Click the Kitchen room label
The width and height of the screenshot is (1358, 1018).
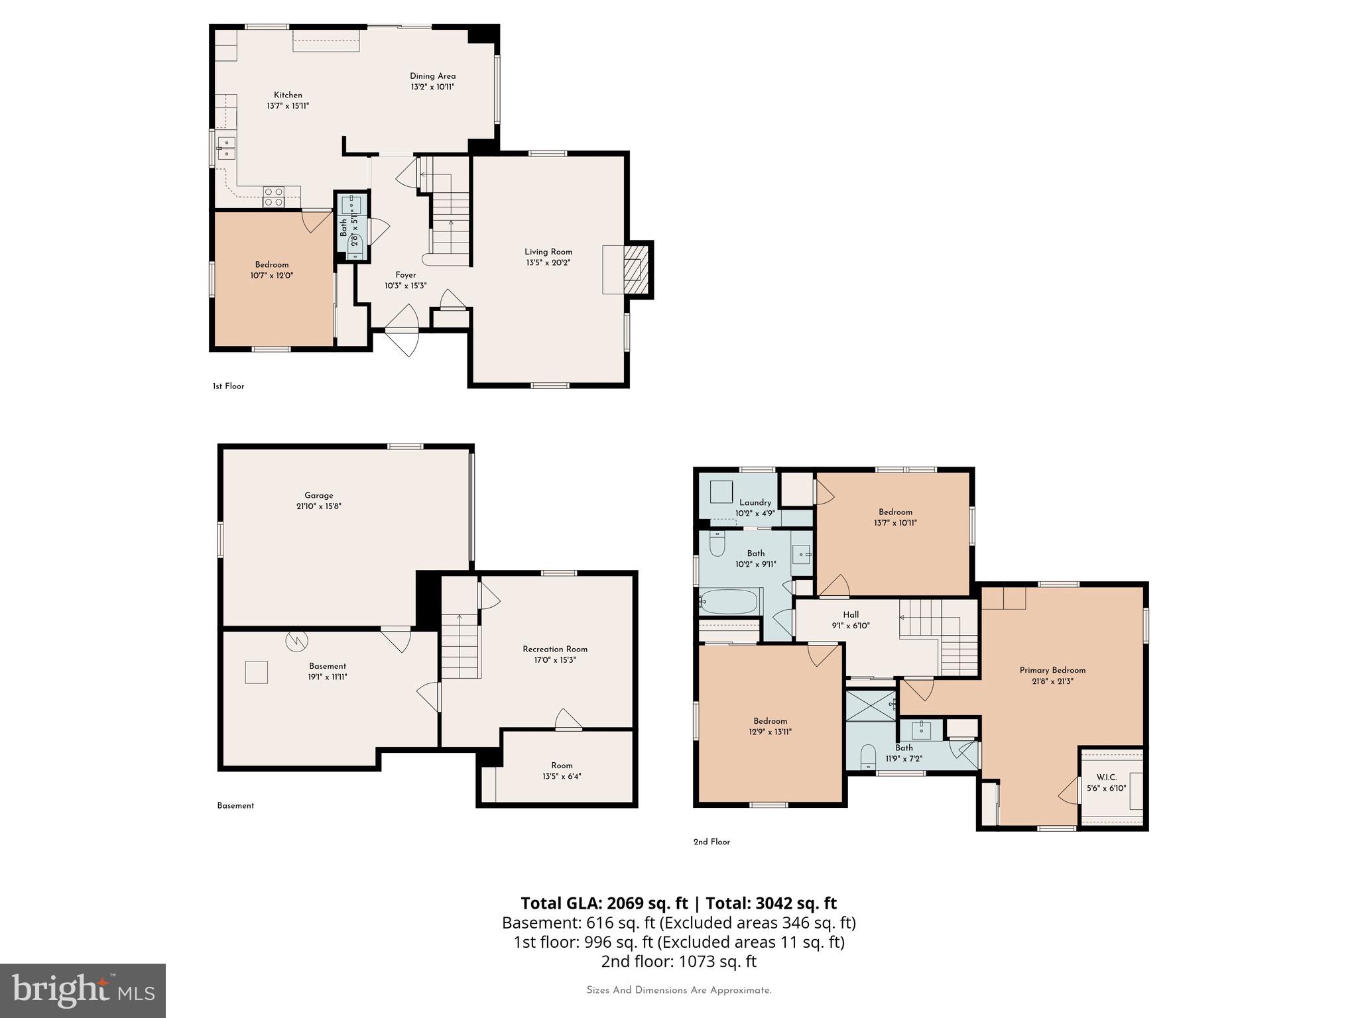click(288, 95)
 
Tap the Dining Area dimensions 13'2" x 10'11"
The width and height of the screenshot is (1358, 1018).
click(432, 87)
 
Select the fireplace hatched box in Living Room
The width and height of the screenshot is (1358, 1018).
click(635, 269)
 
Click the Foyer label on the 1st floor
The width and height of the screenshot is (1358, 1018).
click(405, 275)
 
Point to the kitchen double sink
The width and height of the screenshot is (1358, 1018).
click(226, 148)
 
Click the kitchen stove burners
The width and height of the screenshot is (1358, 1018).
click(273, 197)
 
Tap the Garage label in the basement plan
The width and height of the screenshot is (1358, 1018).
click(318, 495)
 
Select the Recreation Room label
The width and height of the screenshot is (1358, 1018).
click(555, 649)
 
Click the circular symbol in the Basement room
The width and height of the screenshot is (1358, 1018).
click(296, 640)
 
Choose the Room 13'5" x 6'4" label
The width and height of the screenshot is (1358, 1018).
click(561, 765)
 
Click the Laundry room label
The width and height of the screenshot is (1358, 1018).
click(755, 502)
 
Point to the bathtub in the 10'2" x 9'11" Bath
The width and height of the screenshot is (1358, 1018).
click(728, 602)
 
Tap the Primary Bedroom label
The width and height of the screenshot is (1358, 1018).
click(1052, 670)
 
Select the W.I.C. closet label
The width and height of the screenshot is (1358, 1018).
click(1106, 777)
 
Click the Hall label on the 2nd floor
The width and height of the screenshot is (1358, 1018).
click(851, 614)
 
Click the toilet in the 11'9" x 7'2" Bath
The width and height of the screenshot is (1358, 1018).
click(868, 758)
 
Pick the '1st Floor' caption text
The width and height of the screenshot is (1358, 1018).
click(228, 386)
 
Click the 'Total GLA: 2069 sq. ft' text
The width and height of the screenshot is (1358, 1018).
click(604, 903)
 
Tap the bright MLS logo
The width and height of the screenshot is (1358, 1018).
click(83, 990)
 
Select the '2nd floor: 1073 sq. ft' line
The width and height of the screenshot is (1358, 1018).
click(678, 961)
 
